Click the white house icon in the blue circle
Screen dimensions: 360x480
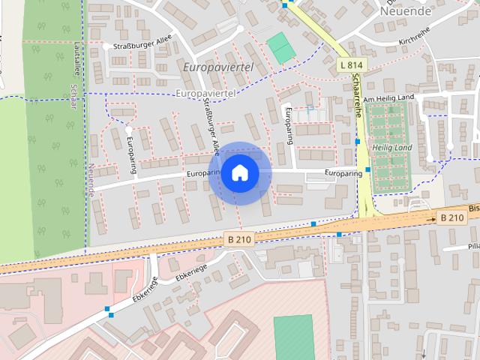click(239, 173)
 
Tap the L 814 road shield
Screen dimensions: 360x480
click(351, 65)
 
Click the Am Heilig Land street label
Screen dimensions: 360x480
click(388, 99)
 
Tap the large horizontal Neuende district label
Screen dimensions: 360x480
click(406, 11)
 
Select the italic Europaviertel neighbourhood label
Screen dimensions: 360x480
click(217, 67)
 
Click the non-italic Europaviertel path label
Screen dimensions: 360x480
click(204, 93)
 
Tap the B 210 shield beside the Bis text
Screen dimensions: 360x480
click(451, 217)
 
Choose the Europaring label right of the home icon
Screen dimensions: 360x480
click(343, 173)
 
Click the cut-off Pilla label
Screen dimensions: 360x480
click(472, 246)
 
